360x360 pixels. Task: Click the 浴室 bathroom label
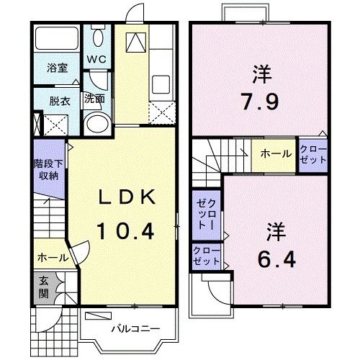click(x=57, y=69)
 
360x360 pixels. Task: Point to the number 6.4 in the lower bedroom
click(x=276, y=256)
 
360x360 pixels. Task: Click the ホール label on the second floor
click(x=276, y=154)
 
